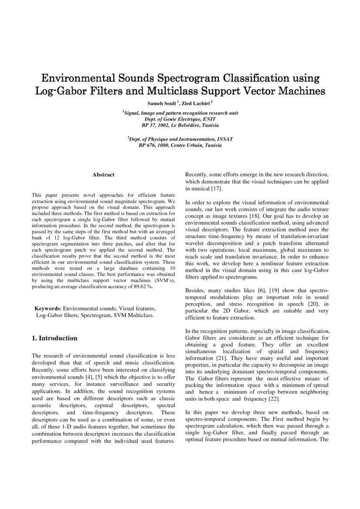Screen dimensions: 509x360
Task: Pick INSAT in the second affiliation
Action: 223,139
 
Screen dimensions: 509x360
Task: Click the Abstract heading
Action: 103,175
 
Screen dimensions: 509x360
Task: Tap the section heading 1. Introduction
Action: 55,338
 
